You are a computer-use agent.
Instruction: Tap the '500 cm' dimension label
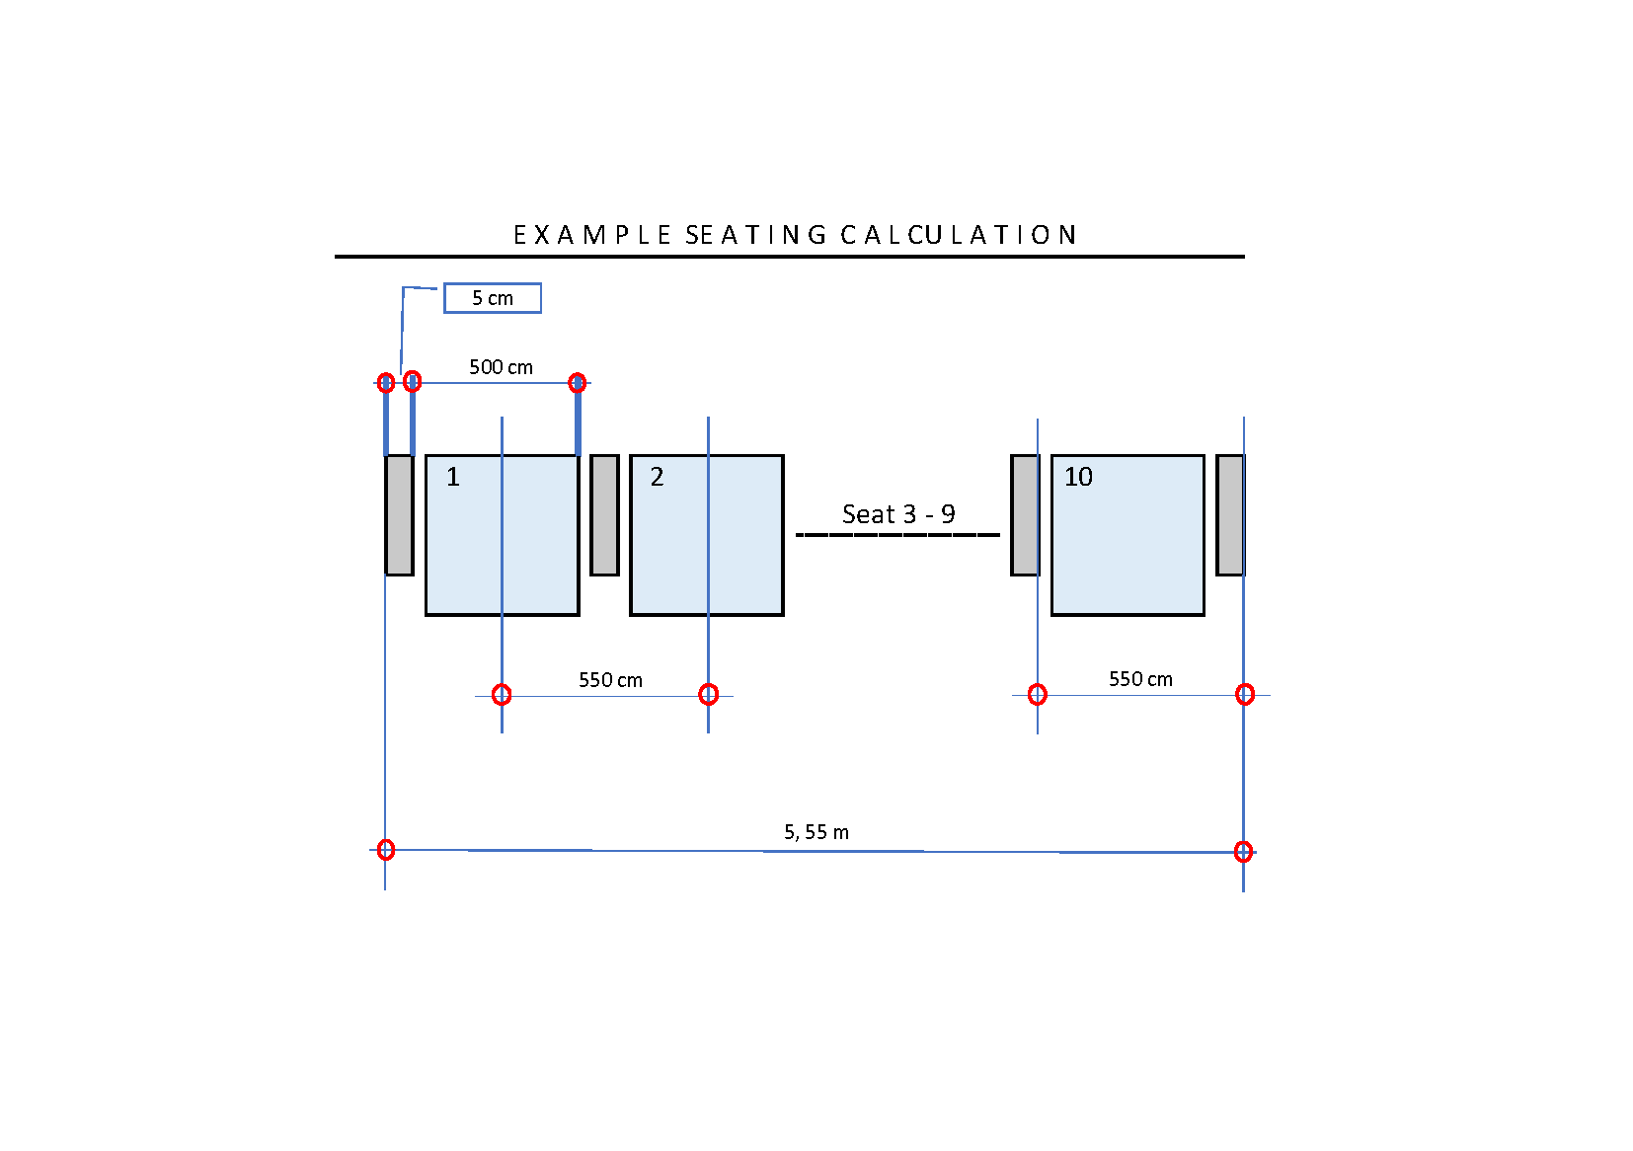click(x=501, y=366)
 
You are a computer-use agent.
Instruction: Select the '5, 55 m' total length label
click(x=816, y=832)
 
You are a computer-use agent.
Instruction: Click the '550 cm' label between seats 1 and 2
click(x=610, y=680)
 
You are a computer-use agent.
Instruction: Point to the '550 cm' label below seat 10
click(x=1140, y=679)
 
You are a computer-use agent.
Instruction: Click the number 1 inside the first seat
click(x=453, y=477)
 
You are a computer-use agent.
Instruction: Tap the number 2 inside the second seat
click(x=657, y=477)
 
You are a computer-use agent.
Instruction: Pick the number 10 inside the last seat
click(x=1078, y=477)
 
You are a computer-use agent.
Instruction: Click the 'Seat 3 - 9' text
click(x=898, y=514)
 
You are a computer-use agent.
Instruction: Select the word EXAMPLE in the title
click(x=592, y=235)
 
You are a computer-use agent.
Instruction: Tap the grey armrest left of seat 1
click(x=400, y=515)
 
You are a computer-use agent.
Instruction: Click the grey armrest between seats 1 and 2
click(x=604, y=515)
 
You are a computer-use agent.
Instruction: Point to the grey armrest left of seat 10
click(x=1025, y=515)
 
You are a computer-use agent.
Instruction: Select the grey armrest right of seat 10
click(x=1230, y=515)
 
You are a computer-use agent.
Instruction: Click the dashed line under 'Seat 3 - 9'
click(x=897, y=535)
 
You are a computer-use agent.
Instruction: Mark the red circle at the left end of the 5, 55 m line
click(x=386, y=850)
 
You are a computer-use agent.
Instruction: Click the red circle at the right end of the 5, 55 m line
click(x=1243, y=852)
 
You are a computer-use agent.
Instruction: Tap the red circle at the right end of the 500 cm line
click(x=578, y=383)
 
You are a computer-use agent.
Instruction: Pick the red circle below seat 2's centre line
click(x=708, y=695)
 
